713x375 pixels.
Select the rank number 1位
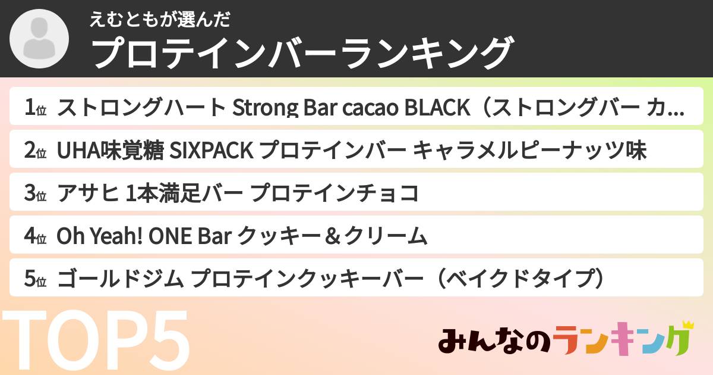tap(35, 108)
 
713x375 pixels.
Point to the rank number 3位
tap(35, 193)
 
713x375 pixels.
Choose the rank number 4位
tap(35, 236)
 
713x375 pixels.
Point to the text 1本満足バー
tap(181, 193)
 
